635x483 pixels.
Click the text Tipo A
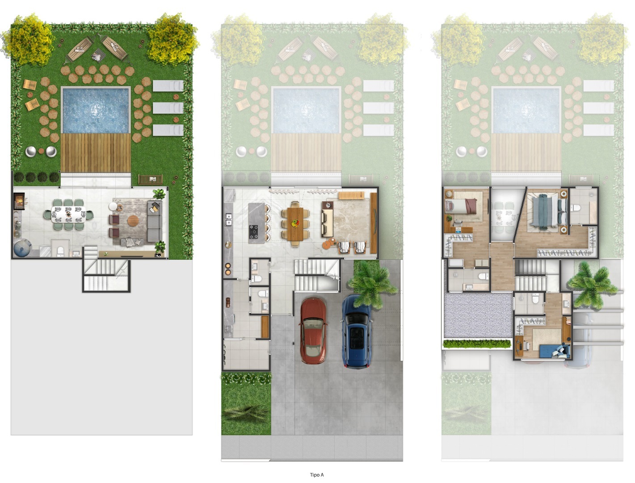(x=317, y=475)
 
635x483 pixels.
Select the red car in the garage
(x=313, y=330)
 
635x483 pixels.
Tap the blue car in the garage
(x=356, y=331)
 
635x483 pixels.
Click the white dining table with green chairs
(x=68, y=214)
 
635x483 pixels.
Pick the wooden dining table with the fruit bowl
(x=295, y=224)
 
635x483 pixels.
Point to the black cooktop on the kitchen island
(x=254, y=232)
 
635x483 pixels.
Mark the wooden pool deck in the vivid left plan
(x=96, y=153)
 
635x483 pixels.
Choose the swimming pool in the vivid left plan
(x=96, y=110)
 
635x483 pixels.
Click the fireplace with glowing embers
(x=19, y=201)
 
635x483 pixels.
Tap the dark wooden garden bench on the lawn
(x=150, y=179)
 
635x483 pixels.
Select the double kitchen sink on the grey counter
(x=229, y=219)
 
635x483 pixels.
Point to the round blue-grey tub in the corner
(x=22, y=248)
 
